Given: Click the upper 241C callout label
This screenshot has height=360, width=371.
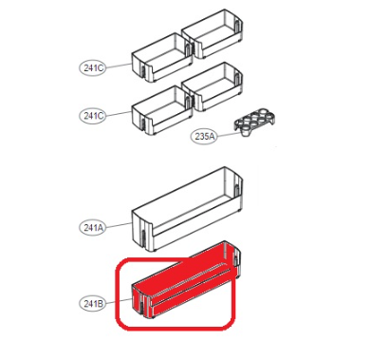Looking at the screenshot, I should (x=91, y=68).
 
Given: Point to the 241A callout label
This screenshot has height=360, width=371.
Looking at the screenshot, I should (x=91, y=228).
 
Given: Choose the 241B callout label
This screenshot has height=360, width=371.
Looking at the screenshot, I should (x=91, y=304).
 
